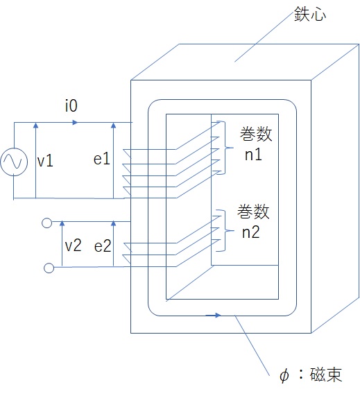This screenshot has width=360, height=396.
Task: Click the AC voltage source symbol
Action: point(14,162)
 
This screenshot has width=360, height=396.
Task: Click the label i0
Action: point(71,105)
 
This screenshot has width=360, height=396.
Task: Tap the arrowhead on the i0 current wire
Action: point(75,123)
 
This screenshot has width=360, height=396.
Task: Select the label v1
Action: point(45,161)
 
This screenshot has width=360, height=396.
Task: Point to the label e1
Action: point(102,159)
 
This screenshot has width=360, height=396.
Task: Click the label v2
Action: point(74,246)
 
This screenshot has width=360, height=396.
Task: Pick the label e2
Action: point(103,246)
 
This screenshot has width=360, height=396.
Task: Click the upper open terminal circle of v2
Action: point(46,223)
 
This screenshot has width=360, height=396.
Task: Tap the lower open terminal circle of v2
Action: point(49,268)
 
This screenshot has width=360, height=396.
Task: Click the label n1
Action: point(253,155)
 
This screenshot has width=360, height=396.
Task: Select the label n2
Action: point(251,232)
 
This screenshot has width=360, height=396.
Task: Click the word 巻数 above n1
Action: point(256,134)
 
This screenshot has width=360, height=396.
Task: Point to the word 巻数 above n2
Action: point(253,212)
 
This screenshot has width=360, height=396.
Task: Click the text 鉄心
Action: point(310,14)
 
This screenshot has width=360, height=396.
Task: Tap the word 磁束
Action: point(326,375)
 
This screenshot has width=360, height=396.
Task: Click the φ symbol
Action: point(284,376)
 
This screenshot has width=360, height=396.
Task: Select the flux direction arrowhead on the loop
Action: point(218,315)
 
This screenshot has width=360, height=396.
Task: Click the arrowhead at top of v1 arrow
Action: point(36,126)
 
